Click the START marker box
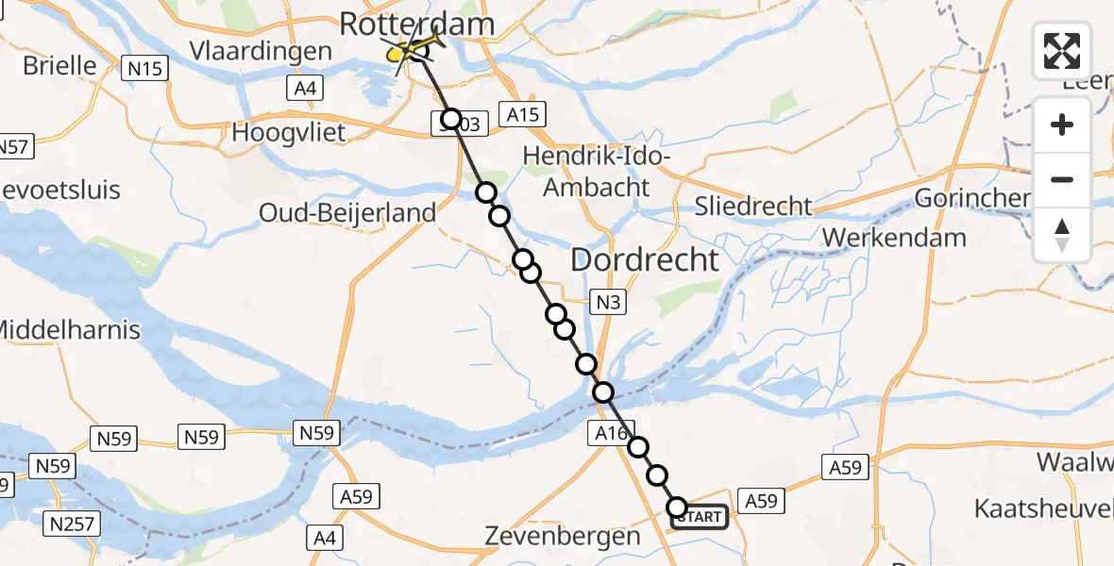pyautogui.click(x=700, y=517)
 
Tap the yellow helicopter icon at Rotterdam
pyautogui.click(x=413, y=50)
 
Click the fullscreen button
pyautogui.click(x=1062, y=51)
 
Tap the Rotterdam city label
pyautogui.click(x=416, y=24)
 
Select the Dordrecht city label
pyautogui.click(x=646, y=259)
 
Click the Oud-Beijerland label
pyautogui.click(x=348, y=213)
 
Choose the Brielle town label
pyautogui.click(x=59, y=65)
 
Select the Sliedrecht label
pyautogui.click(x=752, y=206)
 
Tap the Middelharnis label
pyautogui.click(x=68, y=330)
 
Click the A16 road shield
pyautogui.click(x=614, y=432)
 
